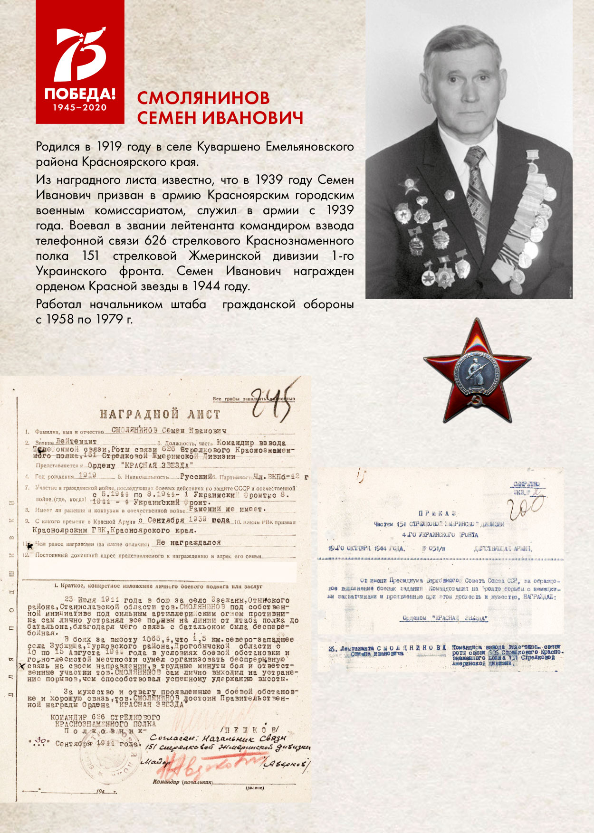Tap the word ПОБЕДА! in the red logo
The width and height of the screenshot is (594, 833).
click(80, 93)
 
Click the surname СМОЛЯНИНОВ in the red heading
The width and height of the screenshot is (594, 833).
click(203, 97)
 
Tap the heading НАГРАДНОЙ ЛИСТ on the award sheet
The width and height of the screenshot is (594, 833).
click(160, 414)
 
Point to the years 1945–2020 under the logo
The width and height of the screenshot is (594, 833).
click(80, 107)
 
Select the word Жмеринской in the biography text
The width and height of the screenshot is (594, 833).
click(225, 256)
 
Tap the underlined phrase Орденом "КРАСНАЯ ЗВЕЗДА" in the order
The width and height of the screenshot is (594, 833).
click(445, 618)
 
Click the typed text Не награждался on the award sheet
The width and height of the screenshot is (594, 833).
click(188, 542)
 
